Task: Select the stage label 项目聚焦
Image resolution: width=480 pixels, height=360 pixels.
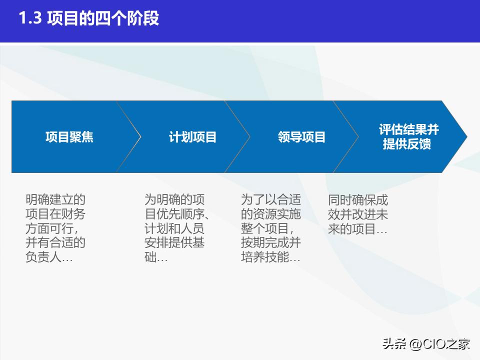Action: click(69, 137)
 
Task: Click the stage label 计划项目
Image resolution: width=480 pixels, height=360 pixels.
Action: click(192, 137)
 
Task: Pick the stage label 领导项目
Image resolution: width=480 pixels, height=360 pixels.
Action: click(301, 137)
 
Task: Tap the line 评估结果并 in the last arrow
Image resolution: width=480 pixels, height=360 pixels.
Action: click(408, 130)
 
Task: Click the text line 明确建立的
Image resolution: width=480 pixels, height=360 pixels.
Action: click(55, 200)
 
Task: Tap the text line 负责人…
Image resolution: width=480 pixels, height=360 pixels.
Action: click(49, 258)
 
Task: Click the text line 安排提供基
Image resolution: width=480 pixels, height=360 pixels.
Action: click(174, 243)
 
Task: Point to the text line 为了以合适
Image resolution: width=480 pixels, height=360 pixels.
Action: click(271, 200)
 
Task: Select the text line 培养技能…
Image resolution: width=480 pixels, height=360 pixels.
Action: click(271, 258)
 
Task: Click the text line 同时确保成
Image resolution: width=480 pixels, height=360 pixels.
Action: click(358, 200)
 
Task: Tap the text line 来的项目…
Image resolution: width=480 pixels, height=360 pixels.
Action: click(358, 229)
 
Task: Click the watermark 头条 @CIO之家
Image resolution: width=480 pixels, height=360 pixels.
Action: click(426, 343)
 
